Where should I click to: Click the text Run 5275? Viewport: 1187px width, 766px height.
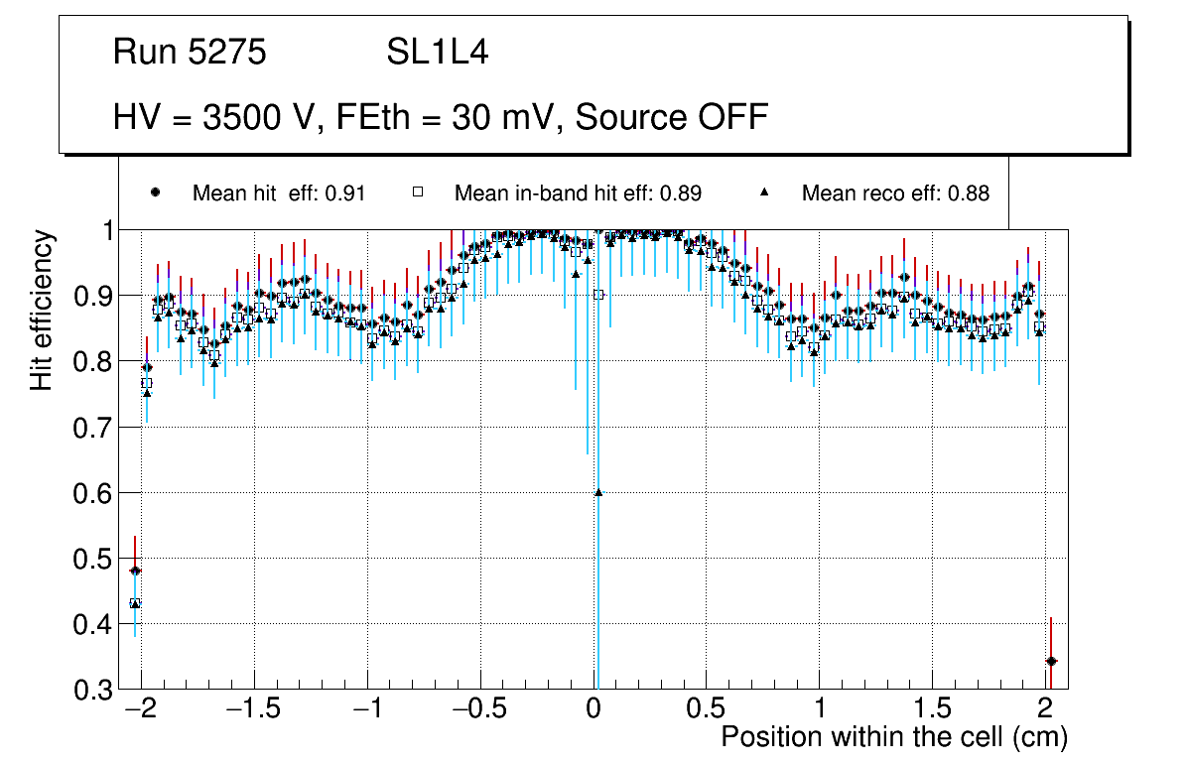click(190, 53)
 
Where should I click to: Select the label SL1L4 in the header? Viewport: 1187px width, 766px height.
click(437, 53)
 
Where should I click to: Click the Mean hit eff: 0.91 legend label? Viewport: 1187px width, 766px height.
click(279, 193)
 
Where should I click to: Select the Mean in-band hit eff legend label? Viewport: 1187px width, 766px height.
click(578, 193)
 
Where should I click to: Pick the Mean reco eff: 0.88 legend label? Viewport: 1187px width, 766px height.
click(895, 193)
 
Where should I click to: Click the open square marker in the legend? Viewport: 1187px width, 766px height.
click(418, 192)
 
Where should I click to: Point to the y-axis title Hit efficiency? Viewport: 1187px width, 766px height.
click(42, 310)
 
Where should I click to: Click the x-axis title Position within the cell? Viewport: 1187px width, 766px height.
click(893, 737)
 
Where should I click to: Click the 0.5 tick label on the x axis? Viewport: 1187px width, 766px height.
click(706, 710)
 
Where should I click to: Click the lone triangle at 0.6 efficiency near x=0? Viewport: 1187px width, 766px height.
click(598, 492)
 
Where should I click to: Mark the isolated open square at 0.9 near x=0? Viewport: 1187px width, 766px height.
click(598, 295)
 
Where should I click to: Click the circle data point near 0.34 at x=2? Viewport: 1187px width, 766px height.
click(1051, 661)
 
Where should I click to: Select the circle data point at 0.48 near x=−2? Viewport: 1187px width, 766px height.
click(135, 571)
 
